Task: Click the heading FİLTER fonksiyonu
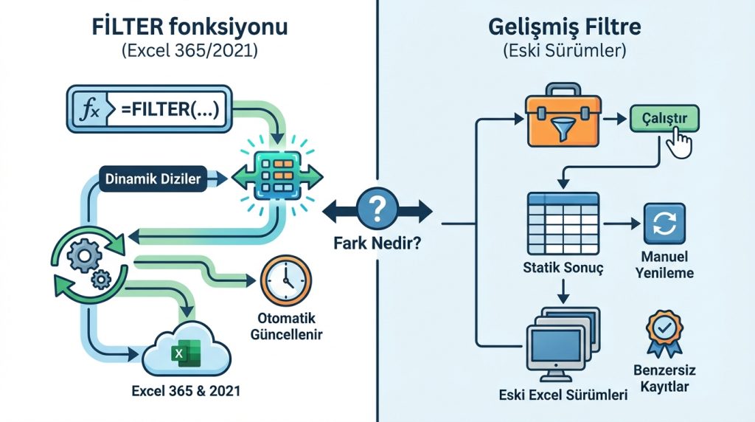click(190, 29)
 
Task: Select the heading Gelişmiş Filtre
click(564, 29)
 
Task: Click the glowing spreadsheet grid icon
click(277, 177)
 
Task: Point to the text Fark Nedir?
click(377, 242)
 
